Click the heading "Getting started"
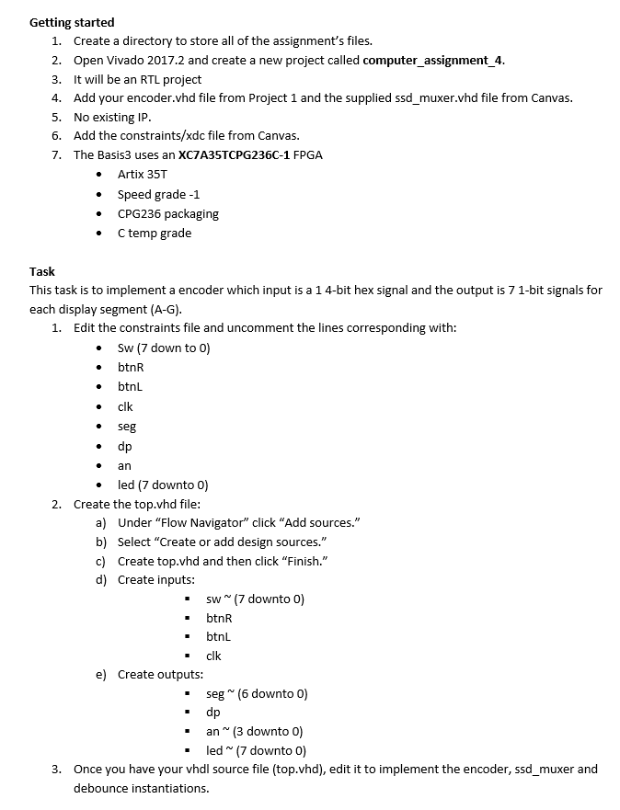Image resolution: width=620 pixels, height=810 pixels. (x=72, y=22)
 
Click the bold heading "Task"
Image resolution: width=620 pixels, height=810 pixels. (x=42, y=271)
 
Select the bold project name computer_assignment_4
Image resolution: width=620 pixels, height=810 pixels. (x=433, y=61)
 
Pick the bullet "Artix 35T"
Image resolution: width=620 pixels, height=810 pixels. (x=143, y=175)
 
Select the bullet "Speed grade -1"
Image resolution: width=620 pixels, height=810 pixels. (x=158, y=194)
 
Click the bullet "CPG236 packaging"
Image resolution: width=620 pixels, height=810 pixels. (x=167, y=213)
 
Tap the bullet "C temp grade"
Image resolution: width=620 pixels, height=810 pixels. (x=155, y=233)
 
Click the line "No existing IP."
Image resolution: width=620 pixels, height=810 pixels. (x=112, y=117)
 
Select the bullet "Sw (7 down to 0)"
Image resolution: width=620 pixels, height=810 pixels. (x=164, y=348)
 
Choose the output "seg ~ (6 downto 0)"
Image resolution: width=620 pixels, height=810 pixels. (x=257, y=693)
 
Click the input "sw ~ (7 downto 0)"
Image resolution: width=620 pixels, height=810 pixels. (x=255, y=599)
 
